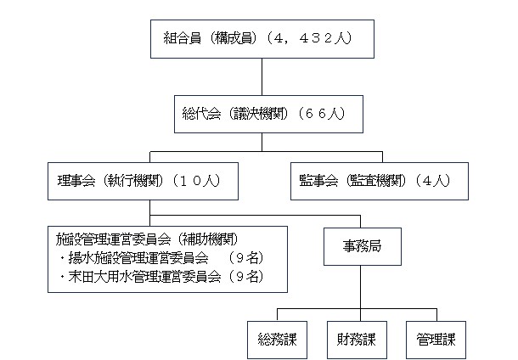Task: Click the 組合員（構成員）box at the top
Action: (x=262, y=39)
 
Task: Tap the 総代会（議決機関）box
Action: (x=268, y=115)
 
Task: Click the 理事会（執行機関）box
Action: (x=143, y=181)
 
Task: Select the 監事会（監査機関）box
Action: (x=380, y=181)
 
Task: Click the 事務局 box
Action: (x=363, y=246)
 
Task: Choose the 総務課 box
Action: (x=277, y=340)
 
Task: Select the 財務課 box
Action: (x=357, y=340)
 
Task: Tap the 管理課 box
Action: (x=436, y=340)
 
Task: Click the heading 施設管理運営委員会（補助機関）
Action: (x=147, y=239)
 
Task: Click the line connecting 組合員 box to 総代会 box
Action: (x=262, y=77)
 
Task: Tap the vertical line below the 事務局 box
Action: (x=360, y=287)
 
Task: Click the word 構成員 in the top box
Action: (x=234, y=38)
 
